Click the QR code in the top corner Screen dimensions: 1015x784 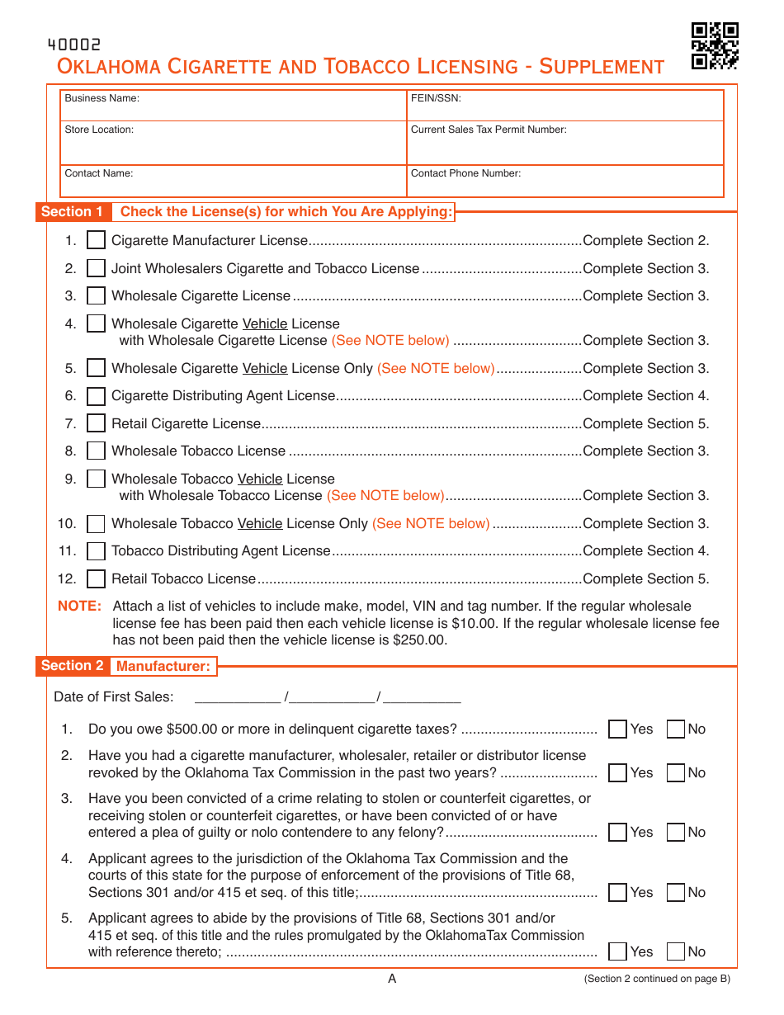coord(714,45)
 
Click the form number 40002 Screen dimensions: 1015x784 coord(74,45)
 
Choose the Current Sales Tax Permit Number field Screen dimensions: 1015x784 coord(565,144)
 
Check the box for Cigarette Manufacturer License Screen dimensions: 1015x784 coord(97,241)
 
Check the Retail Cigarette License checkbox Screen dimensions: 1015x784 coord(97,424)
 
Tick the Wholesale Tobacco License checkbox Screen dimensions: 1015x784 coord(97,451)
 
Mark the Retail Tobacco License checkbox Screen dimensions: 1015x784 coord(97,579)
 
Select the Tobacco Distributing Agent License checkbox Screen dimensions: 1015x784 coord(97,551)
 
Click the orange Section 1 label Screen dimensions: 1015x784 coord(73,212)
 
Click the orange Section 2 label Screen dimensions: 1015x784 coord(73,666)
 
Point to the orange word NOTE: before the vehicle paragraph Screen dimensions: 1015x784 coord(79,607)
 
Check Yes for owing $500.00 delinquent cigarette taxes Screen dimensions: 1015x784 coord(617,729)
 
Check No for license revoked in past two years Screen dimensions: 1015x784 coord(676,773)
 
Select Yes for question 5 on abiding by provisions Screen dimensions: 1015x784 coord(617,952)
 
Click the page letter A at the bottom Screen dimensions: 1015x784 coord(392,979)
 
